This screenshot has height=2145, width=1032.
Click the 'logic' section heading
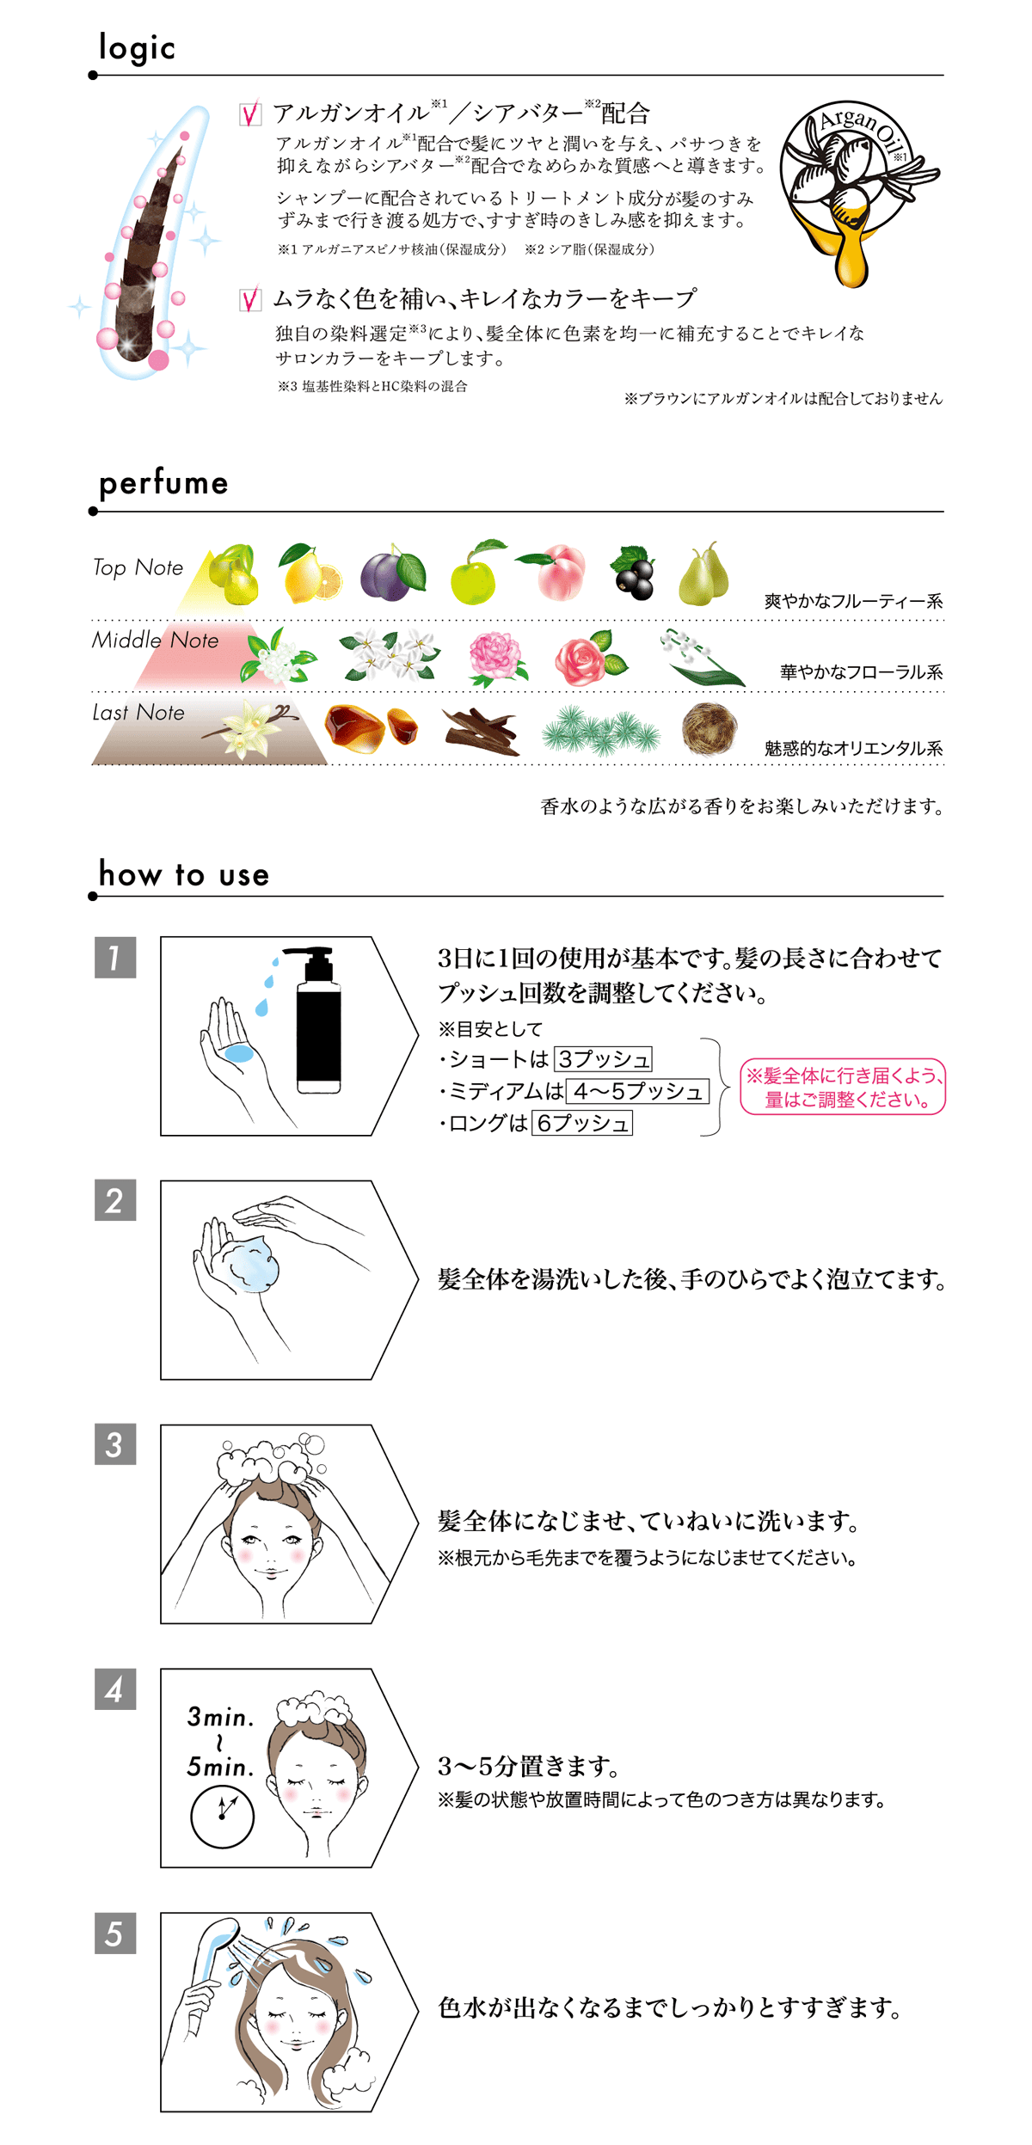tap(137, 48)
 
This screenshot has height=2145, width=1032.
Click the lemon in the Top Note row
tap(309, 573)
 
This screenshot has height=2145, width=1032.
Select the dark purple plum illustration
tap(392, 573)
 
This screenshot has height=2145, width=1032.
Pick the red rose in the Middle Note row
tap(590, 658)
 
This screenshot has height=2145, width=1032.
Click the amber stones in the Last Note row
tap(372, 728)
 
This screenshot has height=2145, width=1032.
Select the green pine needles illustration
tap(600, 731)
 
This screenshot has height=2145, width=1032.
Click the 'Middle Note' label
tap(155, 640)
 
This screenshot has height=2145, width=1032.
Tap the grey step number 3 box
tap(115, 1445)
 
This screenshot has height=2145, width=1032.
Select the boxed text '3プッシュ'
tap(603, 1058)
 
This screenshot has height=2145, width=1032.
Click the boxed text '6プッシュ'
tap(582, 1123)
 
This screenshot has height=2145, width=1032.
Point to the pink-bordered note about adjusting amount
tap(843, 1087)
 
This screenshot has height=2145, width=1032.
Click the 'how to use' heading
tap(184, 874)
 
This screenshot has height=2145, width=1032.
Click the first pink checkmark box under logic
tap(250, 113)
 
